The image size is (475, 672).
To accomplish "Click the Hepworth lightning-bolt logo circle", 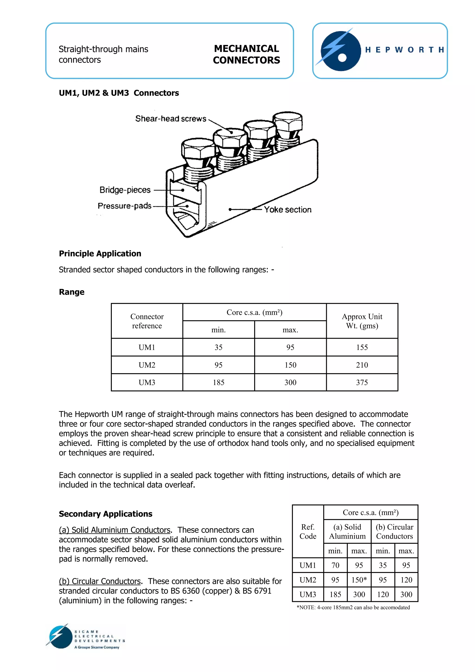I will click(340, 51).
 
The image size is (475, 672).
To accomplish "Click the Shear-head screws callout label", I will click(171, 119).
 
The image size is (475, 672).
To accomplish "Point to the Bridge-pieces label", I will click(125, 190).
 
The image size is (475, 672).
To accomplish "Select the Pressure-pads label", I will click(124, 206).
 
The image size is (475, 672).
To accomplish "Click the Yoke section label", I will click(287, 209).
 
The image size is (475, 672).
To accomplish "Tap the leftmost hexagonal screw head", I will click(198, 149).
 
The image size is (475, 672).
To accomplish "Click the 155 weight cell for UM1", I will click(362, 347).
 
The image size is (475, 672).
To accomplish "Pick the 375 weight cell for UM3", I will click(362, 382).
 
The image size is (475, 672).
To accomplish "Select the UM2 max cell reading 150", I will click(290, 365).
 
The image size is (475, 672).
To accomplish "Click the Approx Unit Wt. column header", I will click(362, 321).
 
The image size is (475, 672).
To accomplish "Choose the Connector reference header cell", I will click(147, 321).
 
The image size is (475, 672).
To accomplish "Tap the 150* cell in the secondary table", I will click(359, 580).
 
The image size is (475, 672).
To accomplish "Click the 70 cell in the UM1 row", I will click(335, 565).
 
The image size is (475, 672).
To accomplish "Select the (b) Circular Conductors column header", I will click(394, 531).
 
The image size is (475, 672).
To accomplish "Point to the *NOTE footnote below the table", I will click(353, 607).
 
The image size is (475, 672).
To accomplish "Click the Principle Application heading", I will click(100, 254).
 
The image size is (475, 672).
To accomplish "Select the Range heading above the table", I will click(72, 292).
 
